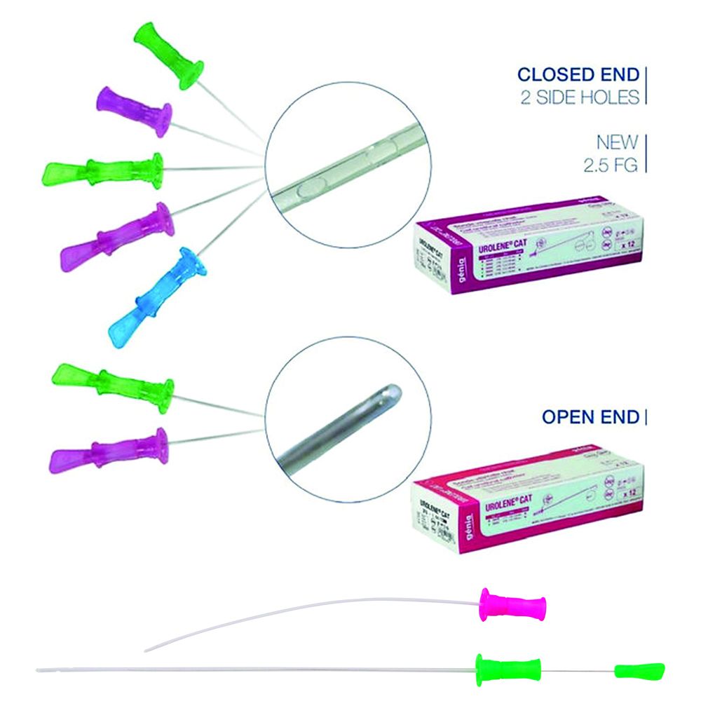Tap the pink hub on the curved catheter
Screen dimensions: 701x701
point(512,605)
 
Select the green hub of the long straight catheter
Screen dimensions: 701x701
point(508,669)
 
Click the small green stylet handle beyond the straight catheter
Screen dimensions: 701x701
point(639,670)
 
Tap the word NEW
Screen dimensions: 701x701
point(617,143)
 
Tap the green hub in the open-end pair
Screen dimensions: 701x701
point(116,381)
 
